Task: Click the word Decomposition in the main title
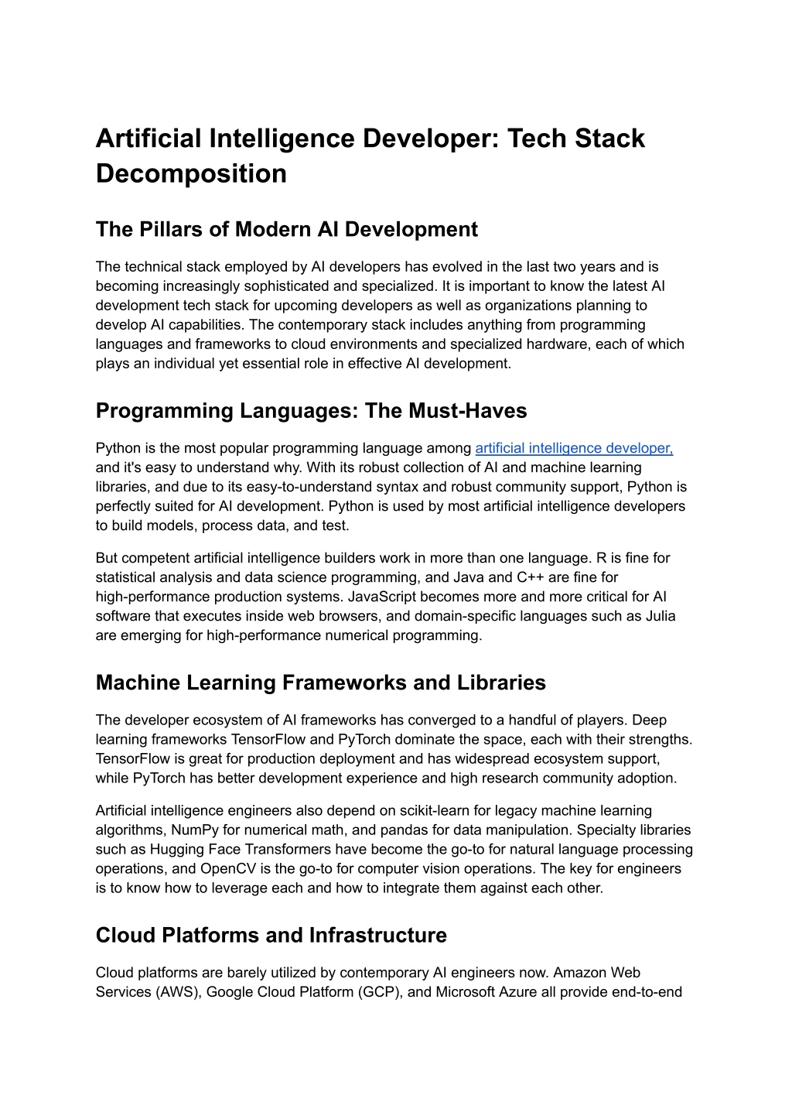pyautogui.click(x=191, y=173)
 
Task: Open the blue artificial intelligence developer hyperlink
pyautogui.click(x=574, y=448)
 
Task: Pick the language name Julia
pyautogui.click(x=660, y=616)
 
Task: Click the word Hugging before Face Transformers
pyautogui.click(x=175, y=850)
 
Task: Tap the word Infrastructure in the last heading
pyautogui.click(x=378, y=936)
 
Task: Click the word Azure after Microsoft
pyautogui.click(x=517, y=992)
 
